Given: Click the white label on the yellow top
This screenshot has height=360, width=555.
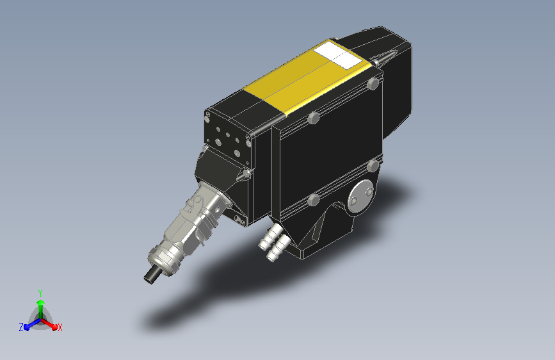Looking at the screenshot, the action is pos(338,54).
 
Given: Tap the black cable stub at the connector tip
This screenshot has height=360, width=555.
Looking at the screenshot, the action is pos(152,275).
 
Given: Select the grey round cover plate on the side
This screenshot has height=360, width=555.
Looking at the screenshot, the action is pos(360,197).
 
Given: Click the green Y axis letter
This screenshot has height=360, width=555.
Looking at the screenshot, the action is pos(40,293).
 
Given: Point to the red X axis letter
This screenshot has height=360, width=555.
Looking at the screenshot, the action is pos(60,327).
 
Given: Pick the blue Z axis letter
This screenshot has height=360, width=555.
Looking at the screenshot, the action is pos(21,327).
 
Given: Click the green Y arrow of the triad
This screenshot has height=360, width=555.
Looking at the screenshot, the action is pos(41,310).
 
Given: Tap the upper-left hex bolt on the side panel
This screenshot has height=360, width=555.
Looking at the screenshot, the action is pos(313,118).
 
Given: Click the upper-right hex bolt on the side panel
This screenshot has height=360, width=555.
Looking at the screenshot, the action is pos(373,84).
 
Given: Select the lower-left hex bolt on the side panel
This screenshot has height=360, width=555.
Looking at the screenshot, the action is pos(313,200).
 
